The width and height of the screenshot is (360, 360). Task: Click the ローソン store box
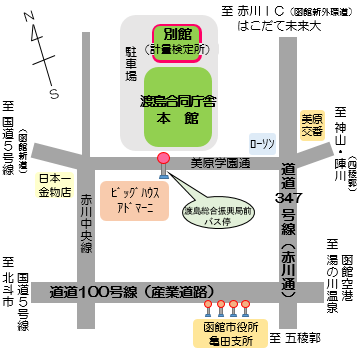pos(263,143)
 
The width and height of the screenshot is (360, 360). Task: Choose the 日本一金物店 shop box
pos(54,186)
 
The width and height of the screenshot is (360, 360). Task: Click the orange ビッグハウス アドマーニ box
pos(131,195)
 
